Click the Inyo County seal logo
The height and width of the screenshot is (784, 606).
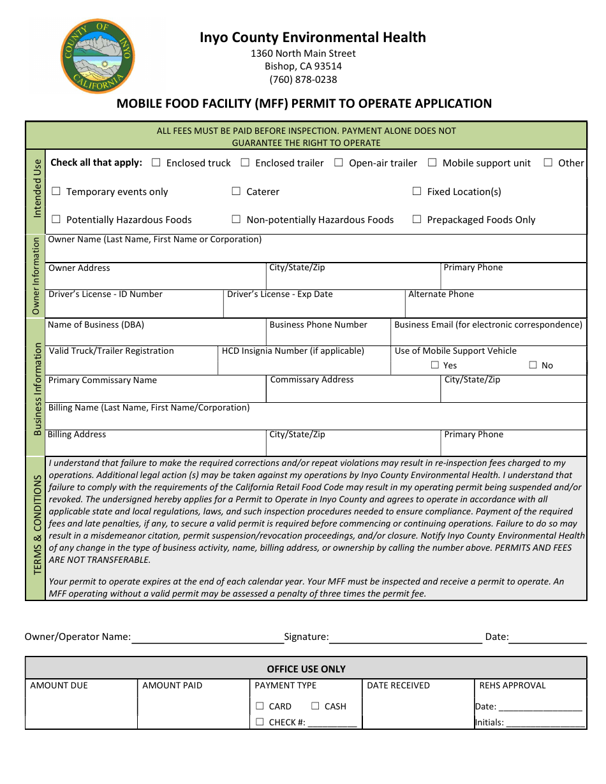pos(98,56)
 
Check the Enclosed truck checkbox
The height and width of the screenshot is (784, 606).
pos(156,163)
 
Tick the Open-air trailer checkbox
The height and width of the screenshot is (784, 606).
pos(339,163)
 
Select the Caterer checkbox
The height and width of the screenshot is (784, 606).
pos(236,191)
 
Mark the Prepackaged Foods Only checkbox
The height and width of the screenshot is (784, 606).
pos(417,219)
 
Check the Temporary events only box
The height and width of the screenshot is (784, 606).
pos(56,191)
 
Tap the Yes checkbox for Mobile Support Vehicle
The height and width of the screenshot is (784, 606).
pos(435,365)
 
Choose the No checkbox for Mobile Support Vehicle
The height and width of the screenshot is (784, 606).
pos(533,365)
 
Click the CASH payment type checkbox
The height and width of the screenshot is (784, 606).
pos(315,706)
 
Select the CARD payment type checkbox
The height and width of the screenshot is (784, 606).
pos(260,706)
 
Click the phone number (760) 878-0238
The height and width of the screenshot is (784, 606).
pos(303,80)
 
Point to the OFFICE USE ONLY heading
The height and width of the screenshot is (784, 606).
pos(306,669)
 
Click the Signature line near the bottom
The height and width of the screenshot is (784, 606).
pos(406,637)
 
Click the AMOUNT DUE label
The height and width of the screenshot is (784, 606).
pos(59,685)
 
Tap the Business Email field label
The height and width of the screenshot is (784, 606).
pos(488,324)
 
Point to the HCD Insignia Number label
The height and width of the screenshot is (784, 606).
pos(293,351)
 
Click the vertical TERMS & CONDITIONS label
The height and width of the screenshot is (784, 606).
pos(37,524)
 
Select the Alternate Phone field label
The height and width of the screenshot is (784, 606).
pos(441,294)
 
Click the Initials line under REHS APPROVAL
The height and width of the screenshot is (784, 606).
pos(545,723)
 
